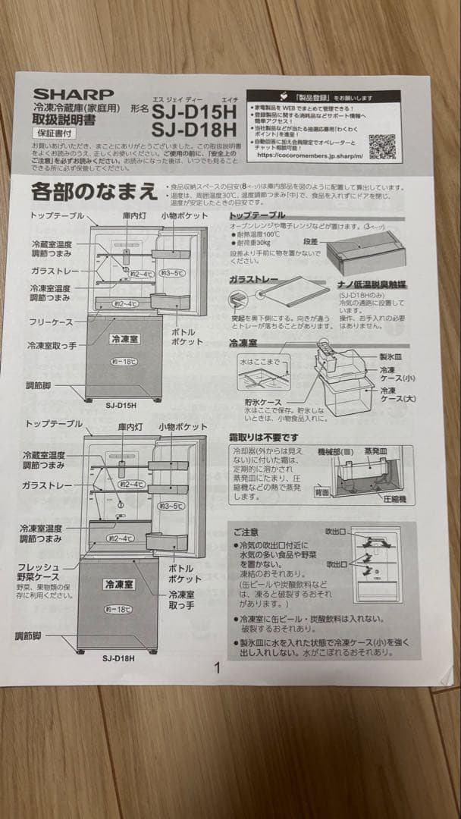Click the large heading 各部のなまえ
[94, 190]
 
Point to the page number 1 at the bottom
[218, 668]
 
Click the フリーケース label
[51, 322]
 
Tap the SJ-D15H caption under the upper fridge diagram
[123, 405]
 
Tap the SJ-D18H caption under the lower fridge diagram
[118, 658]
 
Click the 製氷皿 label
[391, 356]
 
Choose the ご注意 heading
[246, 532]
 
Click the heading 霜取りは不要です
[263, 438]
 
